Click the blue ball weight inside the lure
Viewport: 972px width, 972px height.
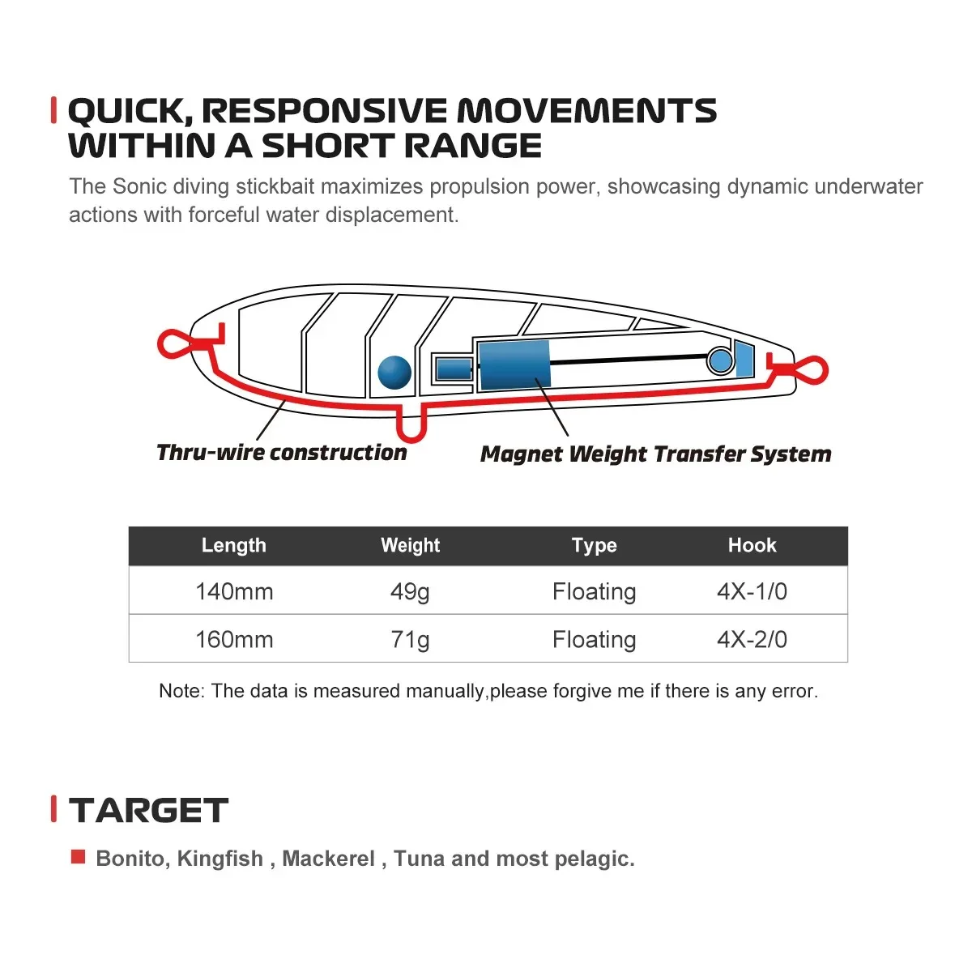[394, 373]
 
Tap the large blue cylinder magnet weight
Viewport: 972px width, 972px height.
[514, 364]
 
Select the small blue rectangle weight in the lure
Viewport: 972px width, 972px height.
[454, 369]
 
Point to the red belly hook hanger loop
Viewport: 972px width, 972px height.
[412, 424]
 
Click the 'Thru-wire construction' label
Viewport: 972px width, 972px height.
[281, 453]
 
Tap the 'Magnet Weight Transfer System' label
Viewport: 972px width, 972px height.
[655, 454]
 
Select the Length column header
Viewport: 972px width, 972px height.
[233, 545]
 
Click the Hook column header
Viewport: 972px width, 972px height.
[752, 545]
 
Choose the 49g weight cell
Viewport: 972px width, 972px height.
[410, 591]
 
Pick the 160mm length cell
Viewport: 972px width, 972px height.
[234, 639]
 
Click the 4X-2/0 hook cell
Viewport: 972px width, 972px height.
[752, 639]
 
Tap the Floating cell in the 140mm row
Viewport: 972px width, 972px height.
[594, 591]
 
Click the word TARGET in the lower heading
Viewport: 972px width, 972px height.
[148, 810]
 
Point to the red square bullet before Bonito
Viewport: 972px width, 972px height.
[79, 856]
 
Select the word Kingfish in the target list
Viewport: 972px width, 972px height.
[220, 859]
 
